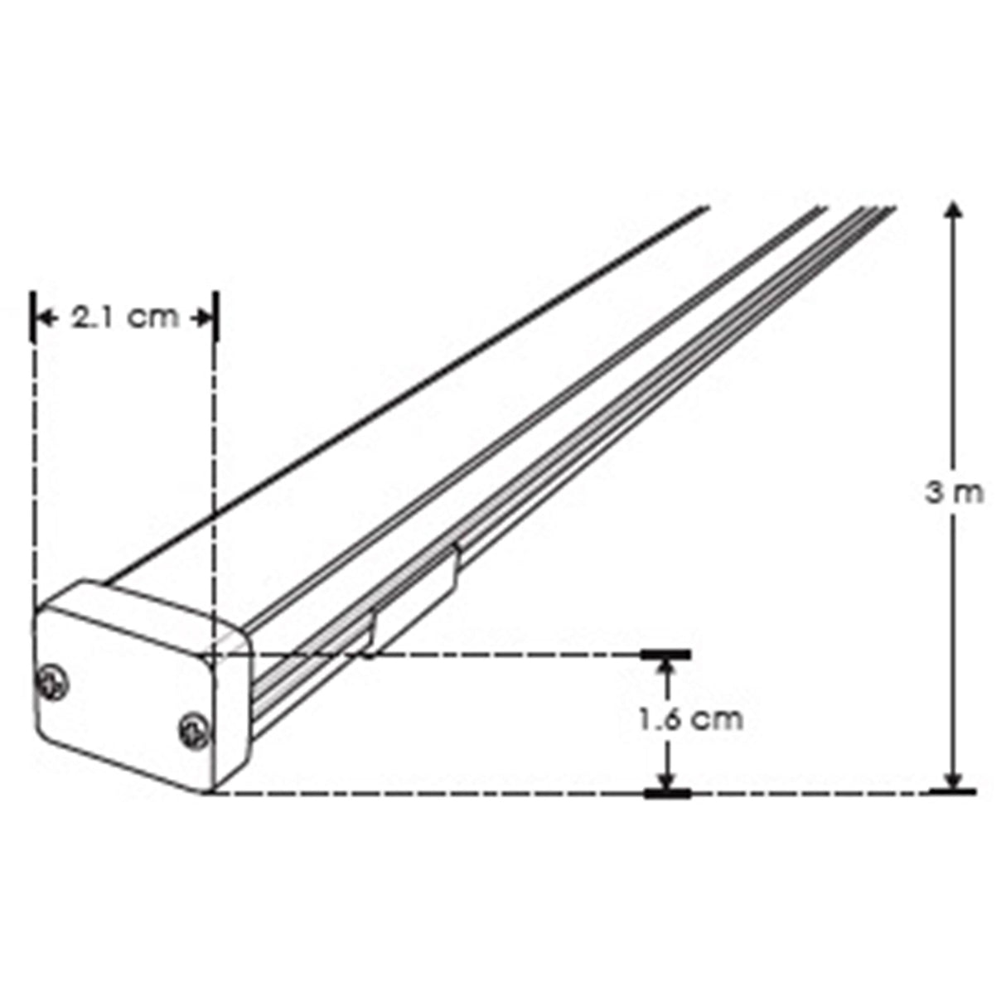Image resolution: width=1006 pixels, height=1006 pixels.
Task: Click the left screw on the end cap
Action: point(52,683)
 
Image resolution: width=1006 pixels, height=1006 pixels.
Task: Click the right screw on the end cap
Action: point(195,731)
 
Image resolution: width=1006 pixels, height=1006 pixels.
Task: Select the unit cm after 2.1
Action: point(155,317)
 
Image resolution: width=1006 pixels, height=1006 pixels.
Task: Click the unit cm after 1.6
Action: point(718,719)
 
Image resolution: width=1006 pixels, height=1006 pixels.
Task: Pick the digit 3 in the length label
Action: point(934,493)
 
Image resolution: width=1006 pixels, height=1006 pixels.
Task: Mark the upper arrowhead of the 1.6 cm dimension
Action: point(667,668)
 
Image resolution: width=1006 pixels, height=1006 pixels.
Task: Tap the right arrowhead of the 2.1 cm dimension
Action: point(201,317)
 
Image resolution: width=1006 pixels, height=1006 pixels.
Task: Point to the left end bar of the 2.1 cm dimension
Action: point(33,317)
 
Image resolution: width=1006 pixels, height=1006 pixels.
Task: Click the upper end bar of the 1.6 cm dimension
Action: point(667,655)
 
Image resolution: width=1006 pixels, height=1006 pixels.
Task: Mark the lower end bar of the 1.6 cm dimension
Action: point(667,794)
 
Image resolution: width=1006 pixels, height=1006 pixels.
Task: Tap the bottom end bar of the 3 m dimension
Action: point(953,792)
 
